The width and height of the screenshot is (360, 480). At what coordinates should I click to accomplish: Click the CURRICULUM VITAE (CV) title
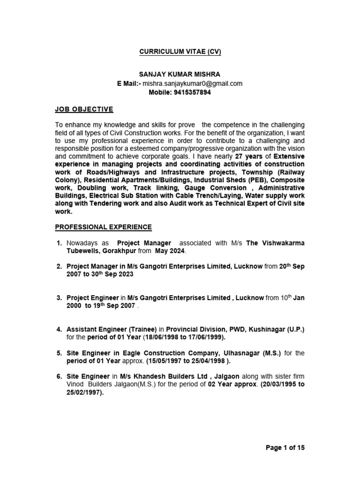(x=180, y=52)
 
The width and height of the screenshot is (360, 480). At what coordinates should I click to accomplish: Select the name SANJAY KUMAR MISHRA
(x=180, y=75)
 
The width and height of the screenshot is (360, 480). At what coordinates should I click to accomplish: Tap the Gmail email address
(x=193, y=83)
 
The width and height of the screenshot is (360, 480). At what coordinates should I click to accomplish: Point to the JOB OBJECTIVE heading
(x=84, y=109)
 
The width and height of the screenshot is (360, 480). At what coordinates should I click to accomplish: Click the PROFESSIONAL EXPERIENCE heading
(x=104, y=227)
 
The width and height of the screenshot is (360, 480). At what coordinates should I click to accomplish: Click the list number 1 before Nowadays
(x=59, y=243)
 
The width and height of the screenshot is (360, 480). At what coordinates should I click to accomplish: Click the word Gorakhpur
(x=116, y=251)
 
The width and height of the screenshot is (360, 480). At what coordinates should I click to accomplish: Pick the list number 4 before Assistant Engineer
(x=59, y=330)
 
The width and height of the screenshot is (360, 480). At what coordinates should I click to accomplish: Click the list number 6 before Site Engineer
(x=59, y=376)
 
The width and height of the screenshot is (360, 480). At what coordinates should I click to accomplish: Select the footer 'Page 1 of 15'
(x=285, y=448)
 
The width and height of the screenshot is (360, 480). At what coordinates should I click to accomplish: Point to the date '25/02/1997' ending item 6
(x=84, y=392)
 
